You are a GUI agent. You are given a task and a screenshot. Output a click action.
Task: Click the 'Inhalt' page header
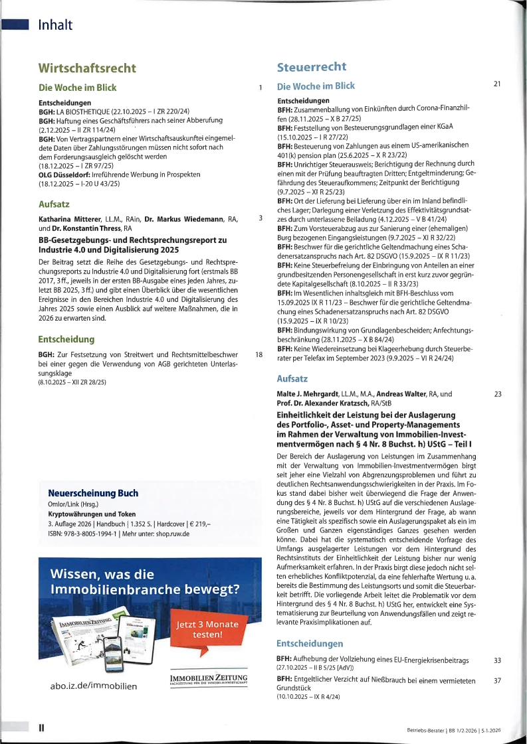pyautogui.click(x=55, y=25)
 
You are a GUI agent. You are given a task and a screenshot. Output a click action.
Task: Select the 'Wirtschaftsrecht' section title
pyautogui.click(x=87, y=68)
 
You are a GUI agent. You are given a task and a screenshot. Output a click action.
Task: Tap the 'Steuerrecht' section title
pyautogui.click(x=311, y=66)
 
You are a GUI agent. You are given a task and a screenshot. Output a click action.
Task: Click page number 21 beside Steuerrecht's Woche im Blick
pyautogui.click(x=497, y=84)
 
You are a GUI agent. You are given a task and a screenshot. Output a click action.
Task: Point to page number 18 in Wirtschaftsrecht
pyautogui.click(x=259, y=355)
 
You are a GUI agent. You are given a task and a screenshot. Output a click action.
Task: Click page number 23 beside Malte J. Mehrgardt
pyautogui.click(x=498, y=394)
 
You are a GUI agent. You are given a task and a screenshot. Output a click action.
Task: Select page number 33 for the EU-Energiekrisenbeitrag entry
pyautogui.click(x=498, y=660)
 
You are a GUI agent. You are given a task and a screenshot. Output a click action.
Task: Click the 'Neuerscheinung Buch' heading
pyautogui.click(x=93, y=493)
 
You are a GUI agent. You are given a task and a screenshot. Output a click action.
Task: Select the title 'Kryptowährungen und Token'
pyautogui.click(x=92, y=514)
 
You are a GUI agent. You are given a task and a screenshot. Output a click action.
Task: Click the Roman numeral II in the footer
pyautogui.click(x=41, y=728)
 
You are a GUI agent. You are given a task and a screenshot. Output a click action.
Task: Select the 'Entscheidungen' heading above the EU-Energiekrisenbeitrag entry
pyautogui.click(x=309, y=643)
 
